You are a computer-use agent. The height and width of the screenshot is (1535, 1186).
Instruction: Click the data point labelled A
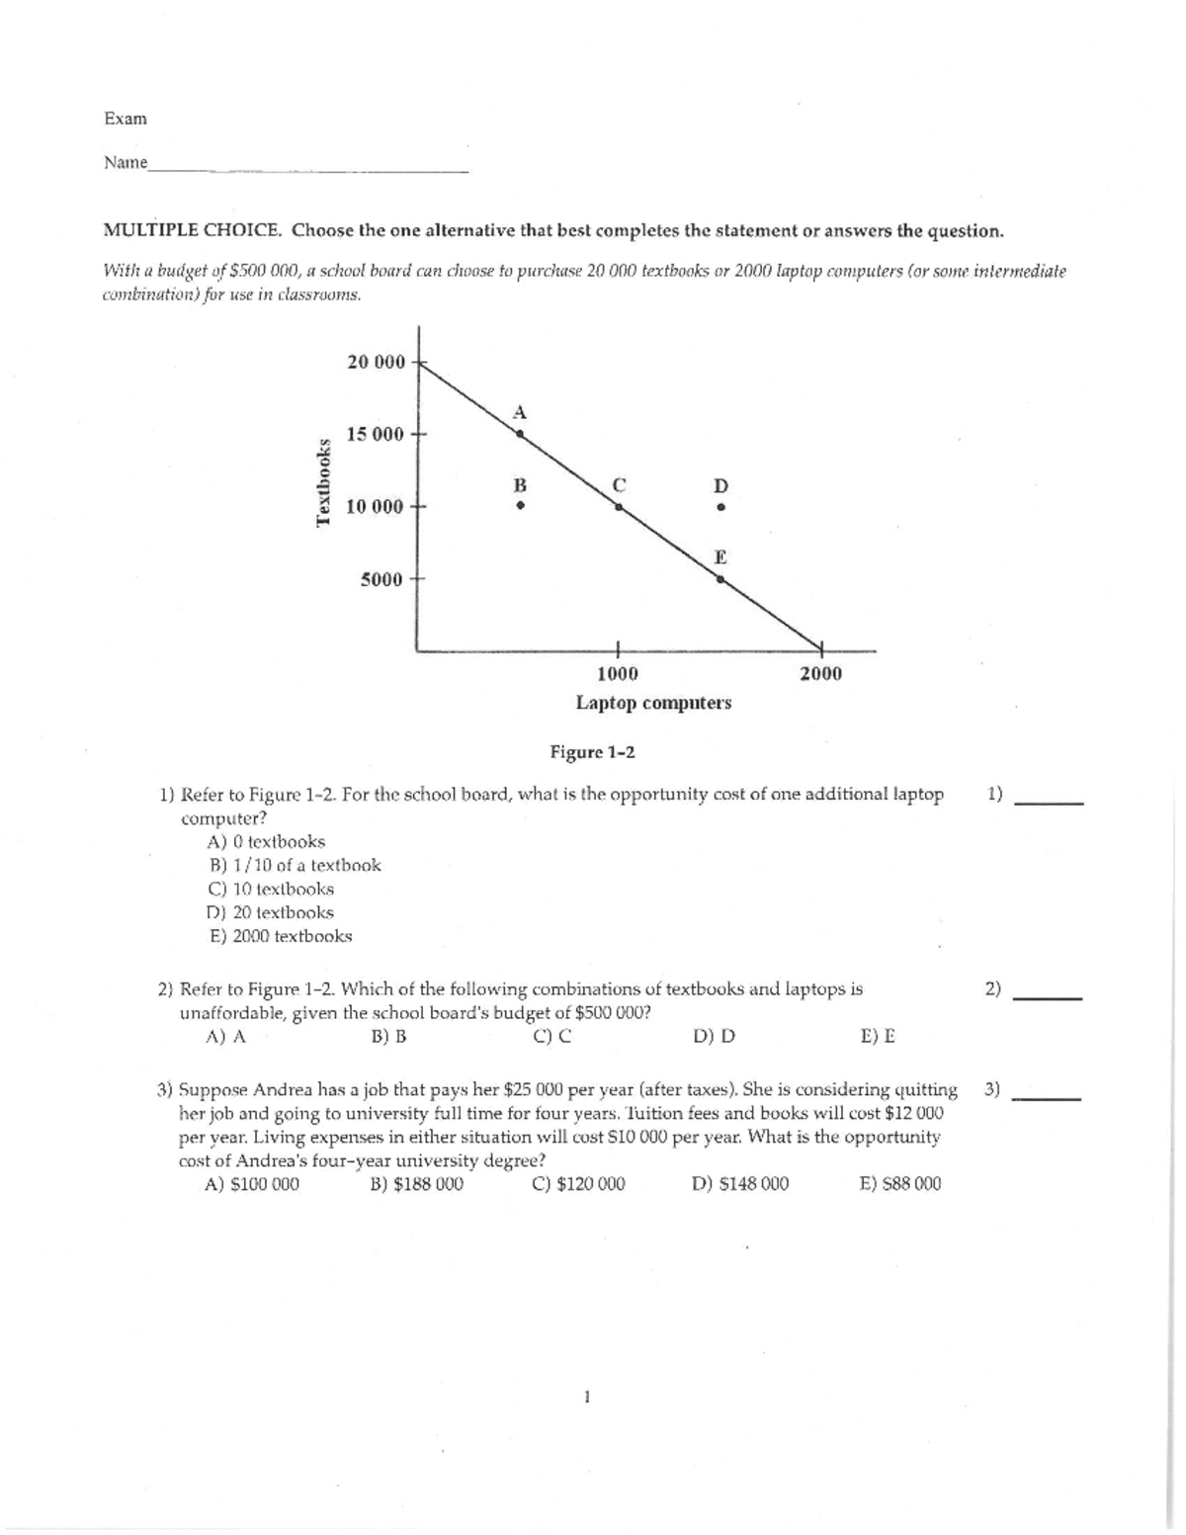tap(520, 433)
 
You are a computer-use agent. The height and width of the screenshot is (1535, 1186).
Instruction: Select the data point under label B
tap(519, 507)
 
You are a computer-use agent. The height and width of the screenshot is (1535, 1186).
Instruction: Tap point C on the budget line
tap(619, 506)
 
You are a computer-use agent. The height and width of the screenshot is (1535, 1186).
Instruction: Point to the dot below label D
tap(721, 508)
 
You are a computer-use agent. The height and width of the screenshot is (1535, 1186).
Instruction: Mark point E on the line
tap(720, 579)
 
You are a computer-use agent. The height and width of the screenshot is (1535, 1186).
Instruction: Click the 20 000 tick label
tap(376, 362)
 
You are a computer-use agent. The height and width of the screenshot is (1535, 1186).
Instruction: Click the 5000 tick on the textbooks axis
tap(381, 579)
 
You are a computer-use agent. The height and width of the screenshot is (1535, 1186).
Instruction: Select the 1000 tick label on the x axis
tap(618, 674)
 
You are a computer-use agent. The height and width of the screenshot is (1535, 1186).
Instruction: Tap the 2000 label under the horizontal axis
tap(820, 674)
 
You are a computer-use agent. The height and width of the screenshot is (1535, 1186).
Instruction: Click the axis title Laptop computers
tap(653, 703)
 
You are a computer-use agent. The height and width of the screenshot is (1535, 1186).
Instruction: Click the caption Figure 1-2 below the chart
tap(592, 753)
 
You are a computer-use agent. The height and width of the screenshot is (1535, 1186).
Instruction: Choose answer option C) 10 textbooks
tap(271, 889)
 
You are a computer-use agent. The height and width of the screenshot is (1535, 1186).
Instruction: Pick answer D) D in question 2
tap(714, 1037)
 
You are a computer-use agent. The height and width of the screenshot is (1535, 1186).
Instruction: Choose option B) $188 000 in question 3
tap(416, 1184)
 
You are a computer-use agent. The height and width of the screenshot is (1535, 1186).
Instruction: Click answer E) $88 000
tap(900, 1184)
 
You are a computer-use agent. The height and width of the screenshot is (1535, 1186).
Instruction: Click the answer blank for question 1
tap(1050, 801)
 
